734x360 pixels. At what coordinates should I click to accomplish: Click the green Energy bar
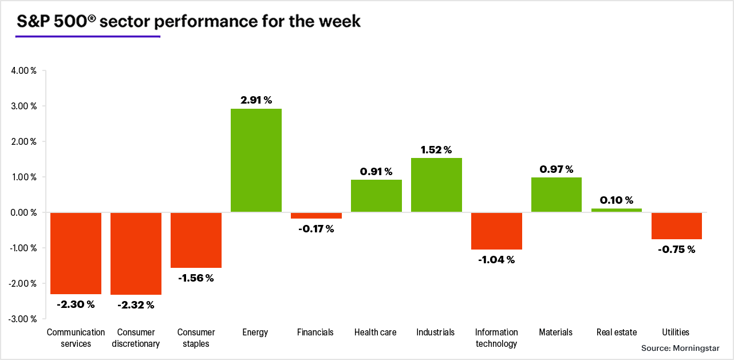[x=256, y=160]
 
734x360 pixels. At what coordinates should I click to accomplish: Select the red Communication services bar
[x=76, y=253]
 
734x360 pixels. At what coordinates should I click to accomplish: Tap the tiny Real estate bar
[x=617, y=210]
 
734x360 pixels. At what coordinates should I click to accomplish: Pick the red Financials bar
[x=316, y=215]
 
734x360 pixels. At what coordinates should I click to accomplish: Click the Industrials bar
[x=436, y=185]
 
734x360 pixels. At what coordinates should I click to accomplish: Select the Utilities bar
[x=677, y=226]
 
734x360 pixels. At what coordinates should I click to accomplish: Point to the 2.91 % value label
[x=256, y=100]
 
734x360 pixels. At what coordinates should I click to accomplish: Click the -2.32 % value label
[x=136, y=305]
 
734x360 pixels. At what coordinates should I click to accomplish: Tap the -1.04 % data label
[x=496, y=260]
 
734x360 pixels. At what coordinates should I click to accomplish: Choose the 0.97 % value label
[x=557, y=169]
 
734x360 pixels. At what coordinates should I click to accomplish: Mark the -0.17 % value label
[x=316, y=229]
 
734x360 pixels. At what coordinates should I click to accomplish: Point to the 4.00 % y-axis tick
[x=23, y=71]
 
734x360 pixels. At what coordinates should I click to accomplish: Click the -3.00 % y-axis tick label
[x=22, y=319]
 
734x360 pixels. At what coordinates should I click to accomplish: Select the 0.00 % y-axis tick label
[x=23, y=212]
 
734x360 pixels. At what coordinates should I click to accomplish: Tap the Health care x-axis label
[x=375, y=333]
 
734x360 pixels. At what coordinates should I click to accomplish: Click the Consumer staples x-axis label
[x=196, y=338]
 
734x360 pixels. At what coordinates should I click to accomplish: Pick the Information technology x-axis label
[x=496, y=338]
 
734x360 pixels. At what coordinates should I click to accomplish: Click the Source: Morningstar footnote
[x=680, y=348]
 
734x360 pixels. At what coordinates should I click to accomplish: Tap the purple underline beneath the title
[x=88, y=37]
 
